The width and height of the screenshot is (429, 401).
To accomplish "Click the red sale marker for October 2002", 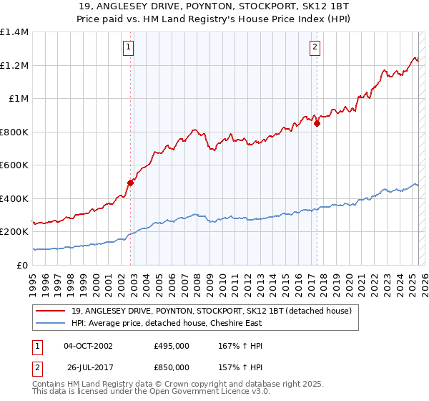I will point(130,183).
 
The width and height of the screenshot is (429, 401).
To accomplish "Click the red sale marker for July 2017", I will point(317,123).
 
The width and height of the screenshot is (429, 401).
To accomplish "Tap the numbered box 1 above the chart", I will point(128,48).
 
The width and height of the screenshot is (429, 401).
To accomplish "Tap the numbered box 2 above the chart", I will point(315,48).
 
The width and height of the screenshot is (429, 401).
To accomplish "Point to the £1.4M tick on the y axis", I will point(14,32).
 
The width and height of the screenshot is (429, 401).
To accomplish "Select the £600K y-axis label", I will point(14,165).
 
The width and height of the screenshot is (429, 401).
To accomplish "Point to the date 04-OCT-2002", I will point(88,346).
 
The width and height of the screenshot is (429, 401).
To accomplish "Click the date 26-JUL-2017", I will point(87,369).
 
